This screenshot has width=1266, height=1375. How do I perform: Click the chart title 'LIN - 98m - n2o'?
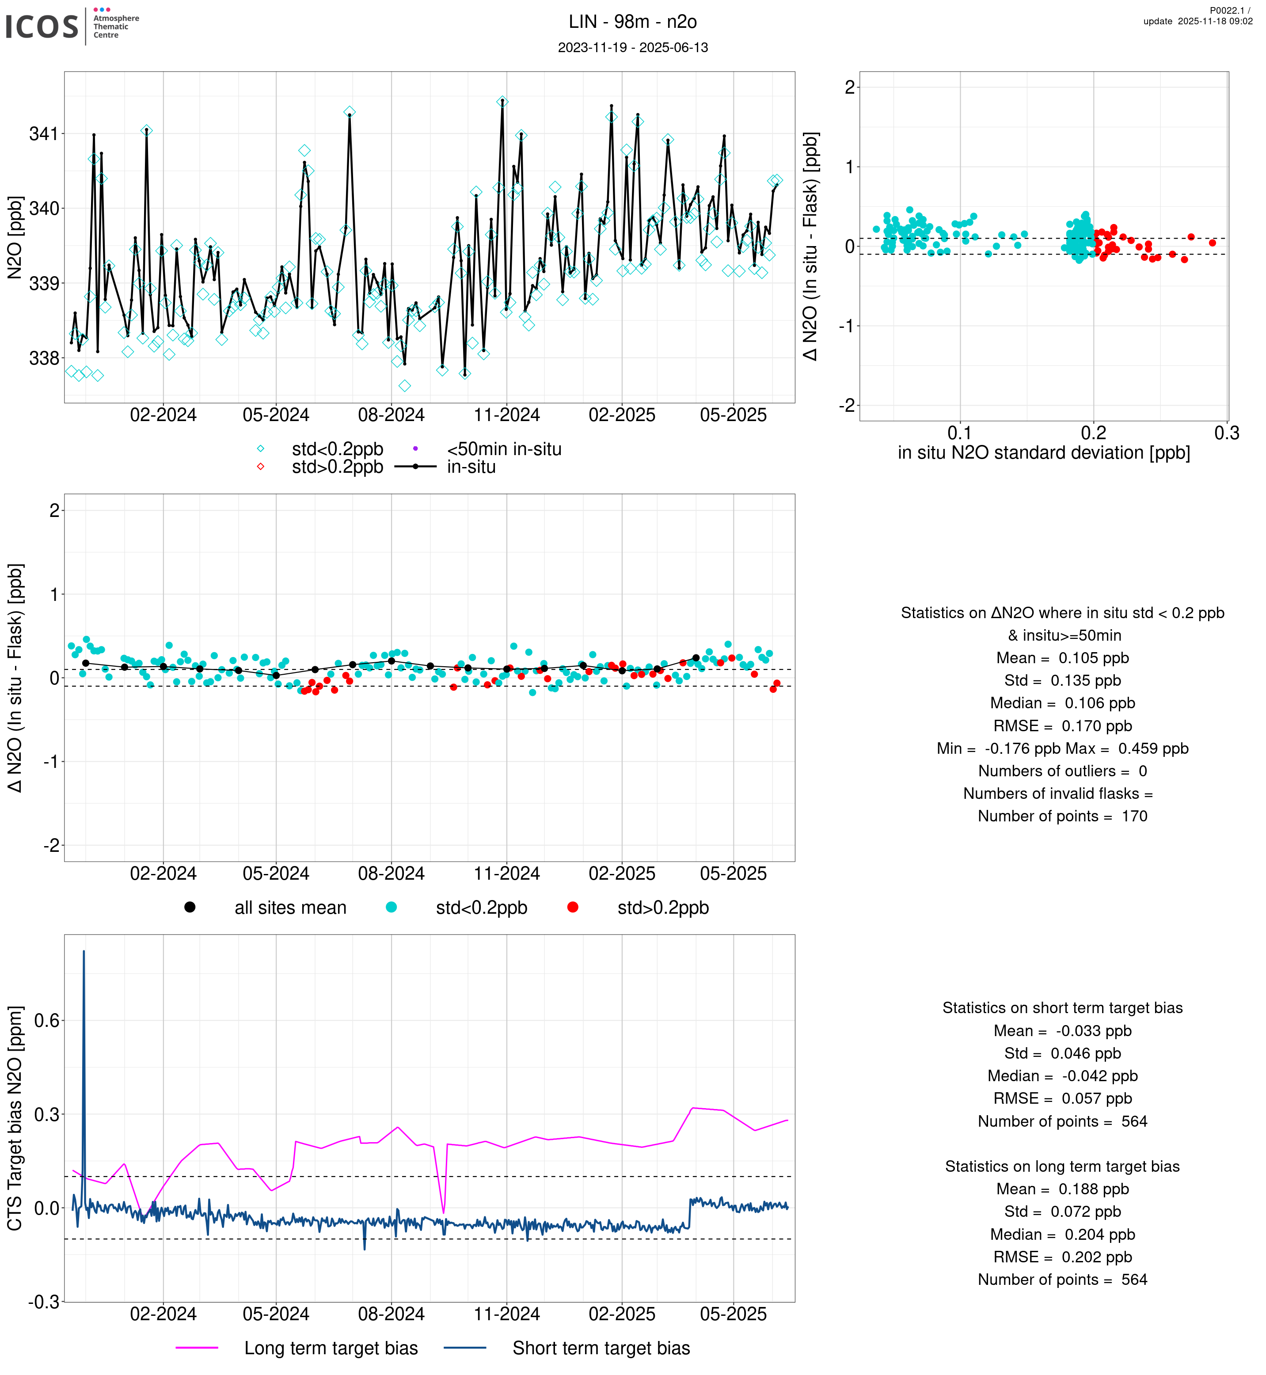pyautogui.click(x=632, y=22)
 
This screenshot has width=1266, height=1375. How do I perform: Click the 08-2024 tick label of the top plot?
pyautogui.click(x=391, y=415)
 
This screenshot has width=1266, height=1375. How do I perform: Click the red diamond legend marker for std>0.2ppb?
pyautogui.click(x=260, y=467)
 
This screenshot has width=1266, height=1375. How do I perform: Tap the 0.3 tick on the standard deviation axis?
pyautogui.click(x=1226, y=433)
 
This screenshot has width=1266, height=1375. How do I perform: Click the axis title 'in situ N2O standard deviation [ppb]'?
pyautogui.click(x=1043, y=453)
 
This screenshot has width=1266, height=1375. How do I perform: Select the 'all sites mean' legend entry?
pyautogui.click(x=290, y=908)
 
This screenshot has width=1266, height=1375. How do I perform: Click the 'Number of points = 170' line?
pyautogui.click(x=1062, y=816)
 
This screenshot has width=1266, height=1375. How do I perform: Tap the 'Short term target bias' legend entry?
pyautogui.click(x=601, y=1348)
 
